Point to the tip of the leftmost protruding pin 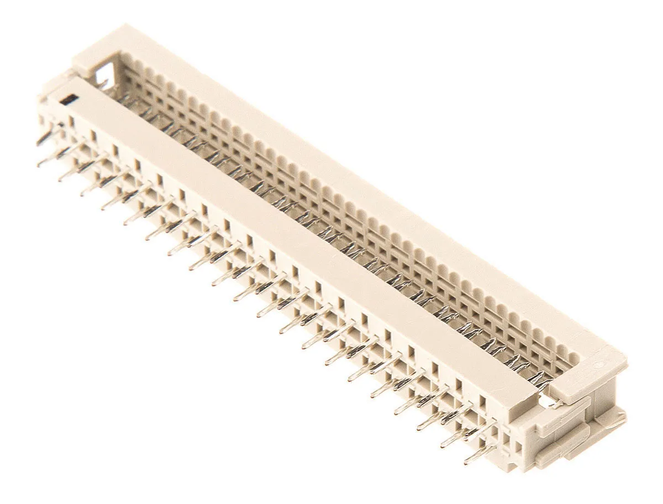point(39,143)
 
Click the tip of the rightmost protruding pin point(467,460)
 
